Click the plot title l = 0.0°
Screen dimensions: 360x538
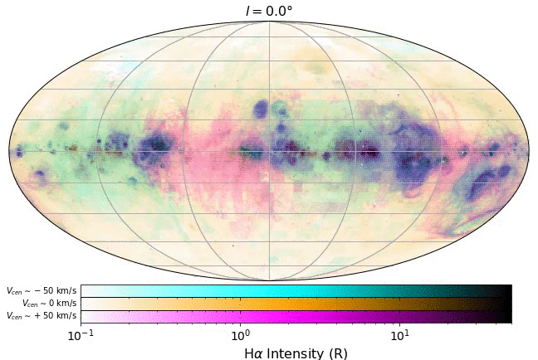click(268, 11)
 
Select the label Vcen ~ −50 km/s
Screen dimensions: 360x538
click(42, 291)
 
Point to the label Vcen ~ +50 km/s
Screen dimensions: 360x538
click(42, 316)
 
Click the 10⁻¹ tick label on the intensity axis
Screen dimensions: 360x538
click(80, 335)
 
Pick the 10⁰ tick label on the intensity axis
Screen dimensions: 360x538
click(240, 335)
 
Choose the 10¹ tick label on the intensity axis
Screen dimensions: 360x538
click(399, 335)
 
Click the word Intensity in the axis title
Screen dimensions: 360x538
click(296, 353)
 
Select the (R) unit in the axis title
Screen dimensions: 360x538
click(338, 353)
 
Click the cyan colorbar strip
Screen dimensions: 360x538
click(296, 291)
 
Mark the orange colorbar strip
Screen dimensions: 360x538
click(296, 304)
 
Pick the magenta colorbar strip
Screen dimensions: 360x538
click(296, 316)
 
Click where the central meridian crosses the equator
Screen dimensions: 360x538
click(268, 151)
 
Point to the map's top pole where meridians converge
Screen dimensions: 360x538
click(268, 22)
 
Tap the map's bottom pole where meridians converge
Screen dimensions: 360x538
click(268, 280)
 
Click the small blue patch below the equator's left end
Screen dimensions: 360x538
click(39, 175)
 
